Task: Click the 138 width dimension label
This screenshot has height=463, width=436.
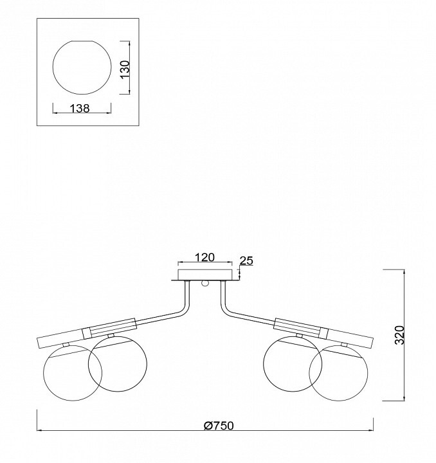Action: [80, 109]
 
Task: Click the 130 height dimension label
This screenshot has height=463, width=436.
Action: [125, 69]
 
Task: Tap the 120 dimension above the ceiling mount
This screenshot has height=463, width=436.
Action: [204, 257]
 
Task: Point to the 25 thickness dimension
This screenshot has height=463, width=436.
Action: [246, 260]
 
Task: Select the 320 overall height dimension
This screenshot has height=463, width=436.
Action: [399, 335]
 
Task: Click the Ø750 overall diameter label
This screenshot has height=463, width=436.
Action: [219, 426]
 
